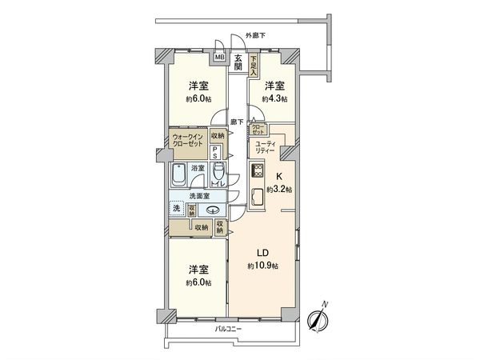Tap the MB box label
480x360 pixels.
218,58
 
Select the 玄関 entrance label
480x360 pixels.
238,62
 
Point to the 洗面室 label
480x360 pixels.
200,195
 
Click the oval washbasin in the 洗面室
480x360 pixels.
214,210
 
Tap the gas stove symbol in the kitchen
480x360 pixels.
258,170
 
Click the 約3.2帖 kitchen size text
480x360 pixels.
278,190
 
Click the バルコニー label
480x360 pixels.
228,329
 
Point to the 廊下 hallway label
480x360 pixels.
238,122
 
